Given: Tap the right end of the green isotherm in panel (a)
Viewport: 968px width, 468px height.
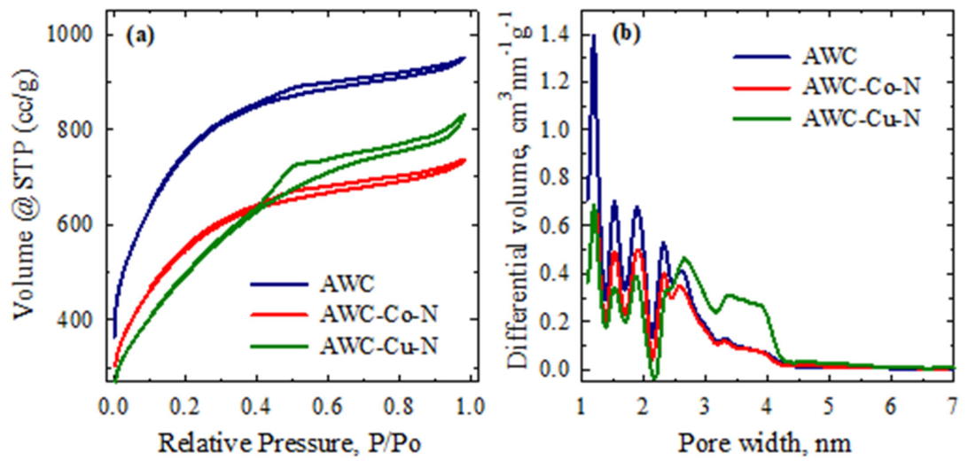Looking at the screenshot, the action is tap(464, 114).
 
